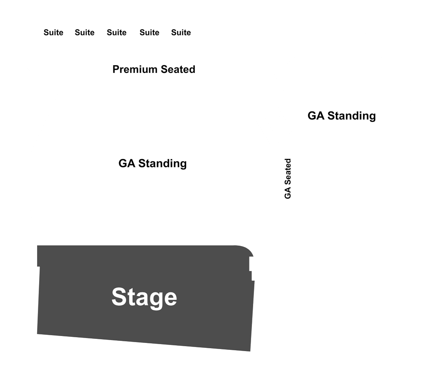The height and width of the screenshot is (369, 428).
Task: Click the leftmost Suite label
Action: click(53, 33)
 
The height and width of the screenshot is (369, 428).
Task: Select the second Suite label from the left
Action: click(85, 33)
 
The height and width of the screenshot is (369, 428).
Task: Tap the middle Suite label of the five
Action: click(117, 33)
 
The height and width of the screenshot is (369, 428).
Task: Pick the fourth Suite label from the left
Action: click(149, 33)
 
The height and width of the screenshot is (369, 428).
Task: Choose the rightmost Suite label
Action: click(181, 33)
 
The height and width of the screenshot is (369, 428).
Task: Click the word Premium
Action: click(135, 69)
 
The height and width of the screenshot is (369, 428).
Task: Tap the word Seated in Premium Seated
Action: click(178, 69)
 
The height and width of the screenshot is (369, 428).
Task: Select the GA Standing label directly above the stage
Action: click(152, 164)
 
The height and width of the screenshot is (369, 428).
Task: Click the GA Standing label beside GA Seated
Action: click(342, 116)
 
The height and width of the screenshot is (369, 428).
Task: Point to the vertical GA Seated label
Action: click(288, 179)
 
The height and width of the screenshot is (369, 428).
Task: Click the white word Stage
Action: click(144, 297)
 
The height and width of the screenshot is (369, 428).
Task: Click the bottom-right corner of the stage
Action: click(250, 351)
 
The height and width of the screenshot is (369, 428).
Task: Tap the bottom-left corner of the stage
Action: click(37, 334)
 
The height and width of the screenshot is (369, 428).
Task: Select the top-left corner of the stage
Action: click(38, 246)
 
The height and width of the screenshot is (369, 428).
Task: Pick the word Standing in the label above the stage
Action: click(162, 164)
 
